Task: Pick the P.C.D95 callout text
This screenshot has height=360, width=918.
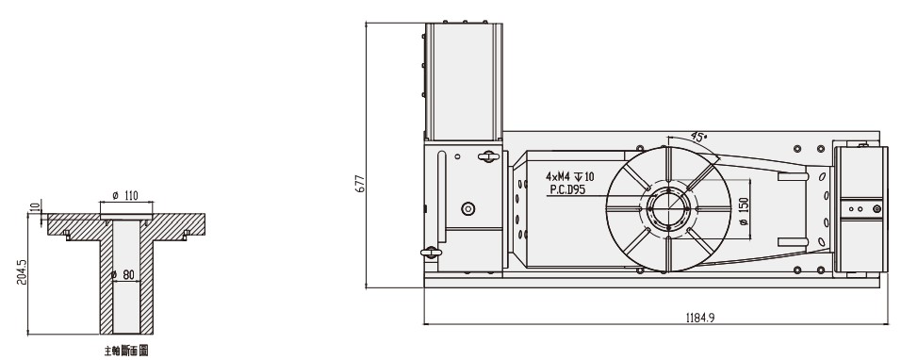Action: click(568, 188)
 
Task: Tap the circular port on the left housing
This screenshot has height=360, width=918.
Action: click(466, 208)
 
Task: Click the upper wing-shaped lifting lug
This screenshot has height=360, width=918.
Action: click(487, 156)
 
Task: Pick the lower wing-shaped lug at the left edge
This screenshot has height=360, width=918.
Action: click(430, 253)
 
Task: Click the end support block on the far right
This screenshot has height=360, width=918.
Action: click(861, 208)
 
